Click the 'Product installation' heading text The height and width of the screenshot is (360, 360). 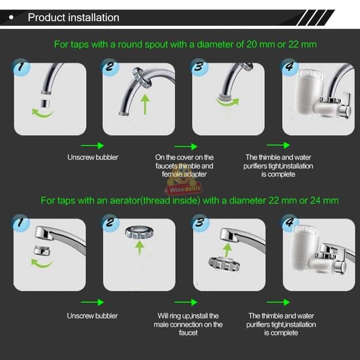73,18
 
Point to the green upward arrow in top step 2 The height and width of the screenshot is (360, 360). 145,103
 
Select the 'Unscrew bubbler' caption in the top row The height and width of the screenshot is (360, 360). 93,157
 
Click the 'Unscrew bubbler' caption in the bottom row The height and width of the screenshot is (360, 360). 93,316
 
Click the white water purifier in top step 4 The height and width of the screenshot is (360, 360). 308,92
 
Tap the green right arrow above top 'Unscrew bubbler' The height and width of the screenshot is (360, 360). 92,145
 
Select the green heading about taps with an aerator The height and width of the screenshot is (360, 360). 189,200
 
